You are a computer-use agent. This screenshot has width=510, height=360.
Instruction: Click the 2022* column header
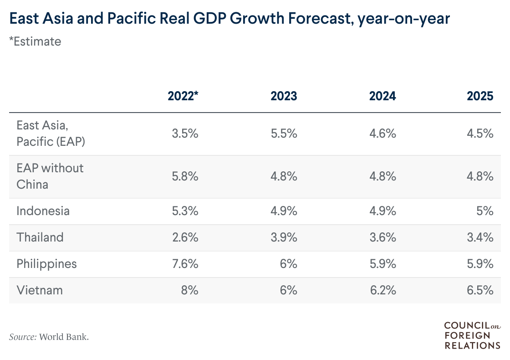(x=183, y=96)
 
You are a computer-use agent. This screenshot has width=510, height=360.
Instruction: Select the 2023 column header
(x=284, y=96)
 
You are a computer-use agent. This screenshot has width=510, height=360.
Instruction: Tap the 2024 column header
(x=382, y=96)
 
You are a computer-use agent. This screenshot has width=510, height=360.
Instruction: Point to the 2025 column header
(x=480, y=96)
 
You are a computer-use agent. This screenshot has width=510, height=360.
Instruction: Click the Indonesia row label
(x=43, y=211)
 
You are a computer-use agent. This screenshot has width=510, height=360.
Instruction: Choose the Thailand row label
(x=40, y=237)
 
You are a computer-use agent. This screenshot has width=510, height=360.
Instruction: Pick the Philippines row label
(x=47, y=264)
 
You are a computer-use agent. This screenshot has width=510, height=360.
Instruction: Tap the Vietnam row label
(x=40, y=290)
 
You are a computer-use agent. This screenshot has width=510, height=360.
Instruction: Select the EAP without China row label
(x=50, y=176)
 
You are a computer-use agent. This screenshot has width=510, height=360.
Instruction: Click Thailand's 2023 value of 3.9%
(x=284, y=237)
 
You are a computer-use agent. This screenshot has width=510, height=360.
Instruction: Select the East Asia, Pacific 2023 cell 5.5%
(x=284, y=134)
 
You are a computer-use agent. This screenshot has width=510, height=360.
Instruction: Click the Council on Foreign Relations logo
(x=472, y=335)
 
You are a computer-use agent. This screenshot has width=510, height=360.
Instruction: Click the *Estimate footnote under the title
(x=35, y=41)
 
